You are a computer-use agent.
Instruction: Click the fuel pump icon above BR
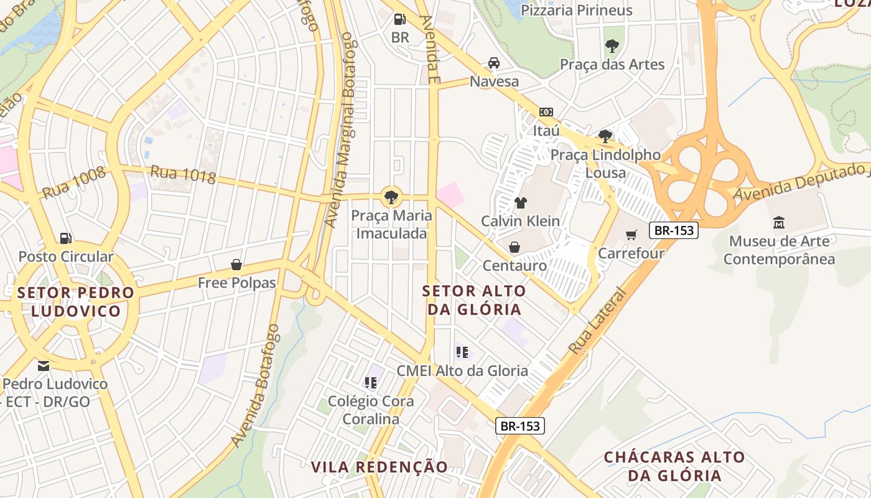[x=400, y=19]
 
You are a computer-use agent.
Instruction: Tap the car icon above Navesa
[x=494, y=63]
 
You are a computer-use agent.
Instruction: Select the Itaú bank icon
[x=546, y=112]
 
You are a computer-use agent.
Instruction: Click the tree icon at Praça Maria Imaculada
[x=391, y=197]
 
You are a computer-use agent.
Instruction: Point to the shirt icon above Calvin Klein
[x=521, y=202]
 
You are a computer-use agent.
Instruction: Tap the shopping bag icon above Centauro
[x=515, y=247]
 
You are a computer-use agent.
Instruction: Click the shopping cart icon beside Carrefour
[x=631, y=235]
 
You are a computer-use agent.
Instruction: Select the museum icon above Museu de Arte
[x=778, y=222]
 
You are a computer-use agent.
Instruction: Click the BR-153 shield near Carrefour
[x=674, y=230]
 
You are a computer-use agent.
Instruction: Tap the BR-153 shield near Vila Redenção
[x=521, y=426]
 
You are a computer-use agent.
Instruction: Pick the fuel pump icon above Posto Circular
[x=65, y=238]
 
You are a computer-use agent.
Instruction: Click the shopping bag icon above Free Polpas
[x=236, y=265]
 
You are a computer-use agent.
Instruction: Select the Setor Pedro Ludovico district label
[x=76, y=302]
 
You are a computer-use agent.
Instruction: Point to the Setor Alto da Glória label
[x=474, y=300]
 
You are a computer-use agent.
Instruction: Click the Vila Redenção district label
[x=379, y=467]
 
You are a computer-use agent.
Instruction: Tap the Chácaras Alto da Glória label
[x=674, y=466]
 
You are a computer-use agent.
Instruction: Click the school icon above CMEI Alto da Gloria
[x=462, y=352]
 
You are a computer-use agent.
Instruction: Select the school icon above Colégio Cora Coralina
[x=371, y=382]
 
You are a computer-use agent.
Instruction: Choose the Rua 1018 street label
[x=184, y=174]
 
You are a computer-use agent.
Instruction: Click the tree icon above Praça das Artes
[x=612, y=45]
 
